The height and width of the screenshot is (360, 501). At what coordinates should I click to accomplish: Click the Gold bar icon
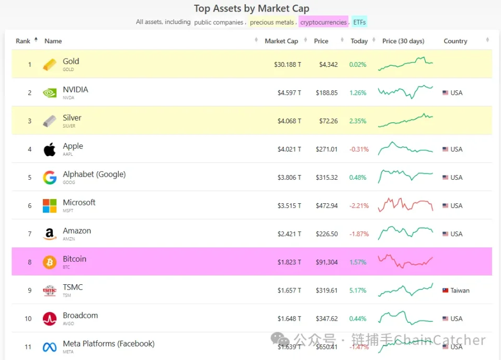coord(50,65)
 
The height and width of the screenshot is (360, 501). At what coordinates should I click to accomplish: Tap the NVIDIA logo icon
coord(50,93)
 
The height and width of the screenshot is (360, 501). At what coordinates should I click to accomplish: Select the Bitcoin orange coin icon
coord(50,262)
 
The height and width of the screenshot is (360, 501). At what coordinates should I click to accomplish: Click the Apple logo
coord(50,149)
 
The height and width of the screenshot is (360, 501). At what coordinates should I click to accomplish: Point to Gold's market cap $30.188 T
coord(288,65)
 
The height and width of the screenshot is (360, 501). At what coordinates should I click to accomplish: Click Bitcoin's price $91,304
coord(327,262)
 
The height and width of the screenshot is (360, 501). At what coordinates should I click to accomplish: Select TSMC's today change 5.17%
coord(358,291)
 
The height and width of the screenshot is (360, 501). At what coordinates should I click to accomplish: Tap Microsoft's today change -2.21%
coord(359,206)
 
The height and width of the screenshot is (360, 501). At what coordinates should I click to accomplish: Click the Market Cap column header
coord(281,41)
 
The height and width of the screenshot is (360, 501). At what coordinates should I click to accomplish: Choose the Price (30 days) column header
coord(403,41)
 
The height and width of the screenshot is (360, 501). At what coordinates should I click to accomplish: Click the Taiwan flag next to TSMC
coord(446,291)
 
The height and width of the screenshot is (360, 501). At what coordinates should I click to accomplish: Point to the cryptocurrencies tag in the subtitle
coord(323,22)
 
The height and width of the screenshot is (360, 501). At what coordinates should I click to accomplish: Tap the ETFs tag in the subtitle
coord(359,22)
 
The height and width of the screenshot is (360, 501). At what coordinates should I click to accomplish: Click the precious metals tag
coord(272,22)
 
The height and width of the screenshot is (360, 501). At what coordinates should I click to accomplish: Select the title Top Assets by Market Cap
coord(252,8)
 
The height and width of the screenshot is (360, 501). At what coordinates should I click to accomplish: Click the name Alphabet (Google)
coord(94,175)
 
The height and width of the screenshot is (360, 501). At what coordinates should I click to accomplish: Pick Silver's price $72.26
coord(327,121)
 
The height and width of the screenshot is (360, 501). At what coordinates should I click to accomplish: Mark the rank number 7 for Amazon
coord(30,234)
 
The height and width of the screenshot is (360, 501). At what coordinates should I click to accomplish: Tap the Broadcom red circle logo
coord(50,319)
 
